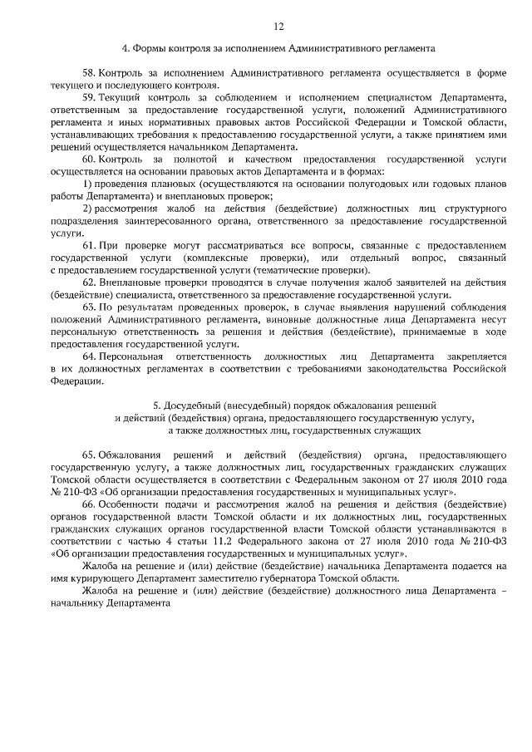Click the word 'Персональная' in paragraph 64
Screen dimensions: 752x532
(x=128, y=357)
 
